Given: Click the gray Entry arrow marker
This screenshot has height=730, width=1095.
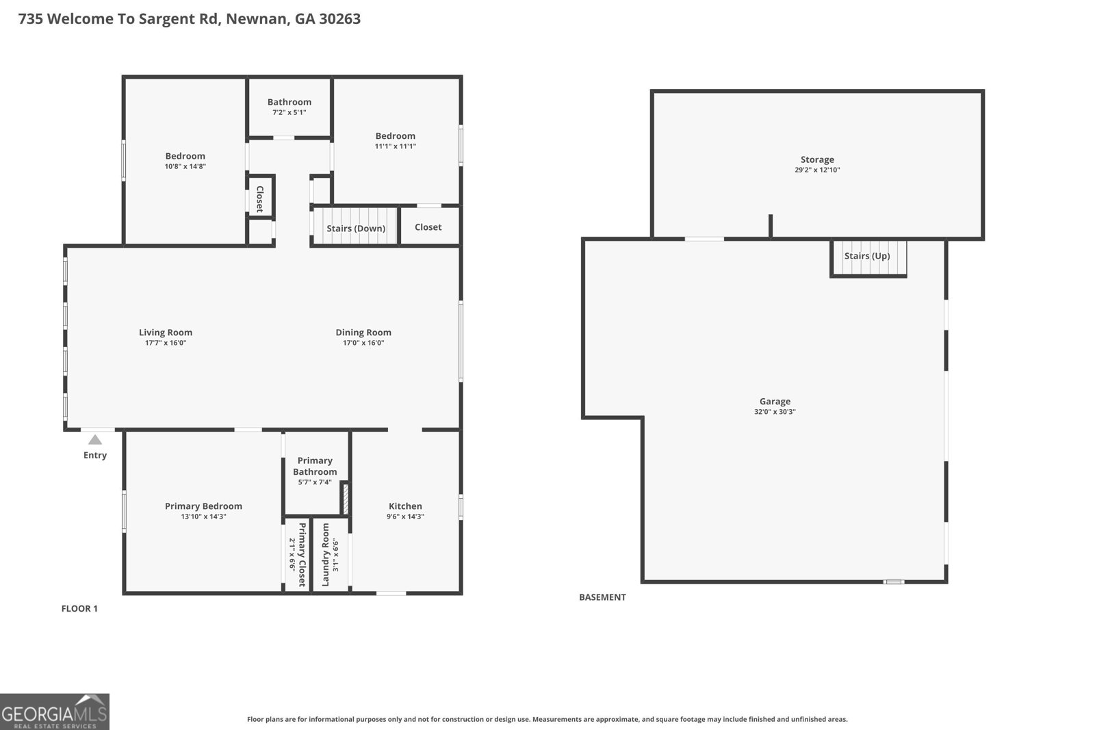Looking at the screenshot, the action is click(95, 440).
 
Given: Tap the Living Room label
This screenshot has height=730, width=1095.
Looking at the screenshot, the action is click(166, 333).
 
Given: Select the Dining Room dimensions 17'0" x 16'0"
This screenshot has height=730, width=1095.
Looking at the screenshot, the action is click(363, 343).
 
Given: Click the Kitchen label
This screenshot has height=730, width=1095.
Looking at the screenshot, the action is click(405, 506).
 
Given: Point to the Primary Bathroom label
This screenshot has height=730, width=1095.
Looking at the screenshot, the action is click(315, 466).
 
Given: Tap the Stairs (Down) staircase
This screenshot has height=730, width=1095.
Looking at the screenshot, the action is click(355, 226).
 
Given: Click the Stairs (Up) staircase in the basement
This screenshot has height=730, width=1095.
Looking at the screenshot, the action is click(868, 257).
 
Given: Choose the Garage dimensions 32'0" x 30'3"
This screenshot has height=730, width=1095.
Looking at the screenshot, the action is click(775, 412).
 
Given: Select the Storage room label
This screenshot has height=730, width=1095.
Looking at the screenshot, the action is click(817, 159).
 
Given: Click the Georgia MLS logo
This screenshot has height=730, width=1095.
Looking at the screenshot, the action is click(54, 712).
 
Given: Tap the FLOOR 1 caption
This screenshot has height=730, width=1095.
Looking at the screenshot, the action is click(79, 608).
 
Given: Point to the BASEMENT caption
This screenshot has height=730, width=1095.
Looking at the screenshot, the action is click(602, 597).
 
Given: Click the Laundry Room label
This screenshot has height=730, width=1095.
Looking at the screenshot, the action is click(326, 555).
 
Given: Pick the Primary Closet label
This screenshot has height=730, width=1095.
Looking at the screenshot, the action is click(302, 555).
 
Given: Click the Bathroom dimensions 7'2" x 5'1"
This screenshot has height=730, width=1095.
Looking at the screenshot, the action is click(289, 112).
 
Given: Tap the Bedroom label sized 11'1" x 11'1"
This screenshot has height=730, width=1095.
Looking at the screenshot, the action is click(396, 136).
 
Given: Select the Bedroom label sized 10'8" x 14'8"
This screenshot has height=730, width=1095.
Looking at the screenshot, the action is click(185, 156).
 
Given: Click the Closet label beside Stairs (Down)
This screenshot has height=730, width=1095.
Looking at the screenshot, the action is click(428, 226).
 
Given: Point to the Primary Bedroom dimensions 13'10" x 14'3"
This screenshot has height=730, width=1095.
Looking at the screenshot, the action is click(203, 517).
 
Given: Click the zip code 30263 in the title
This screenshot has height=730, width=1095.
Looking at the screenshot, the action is click(339, 18).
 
